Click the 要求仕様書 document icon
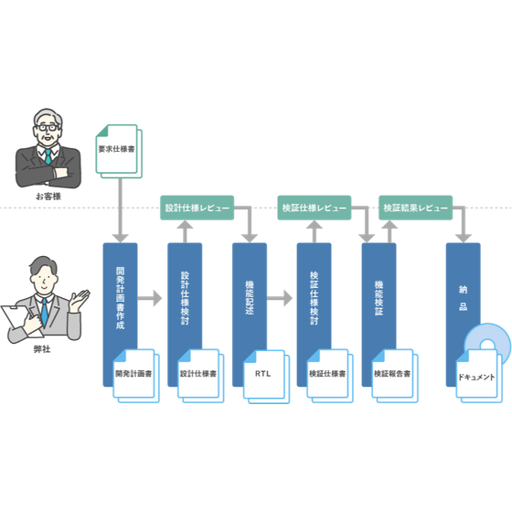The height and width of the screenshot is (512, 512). (x=119, y=151)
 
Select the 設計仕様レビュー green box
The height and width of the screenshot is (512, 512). (x=197, y=208)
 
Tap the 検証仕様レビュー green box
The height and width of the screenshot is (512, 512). (x=315, y=208)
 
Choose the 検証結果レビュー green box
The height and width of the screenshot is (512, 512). (x=415, y=208)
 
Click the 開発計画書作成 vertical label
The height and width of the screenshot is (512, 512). (x=120, y=298)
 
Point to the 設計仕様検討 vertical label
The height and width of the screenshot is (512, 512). (x=185, y=298)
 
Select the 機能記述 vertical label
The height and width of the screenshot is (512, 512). (x=250, y=298)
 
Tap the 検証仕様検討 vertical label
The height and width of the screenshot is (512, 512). (x=315, y=298)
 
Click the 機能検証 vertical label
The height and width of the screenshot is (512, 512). (x=379, y=298)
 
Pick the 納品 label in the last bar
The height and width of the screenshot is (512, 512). (x=463, y=298)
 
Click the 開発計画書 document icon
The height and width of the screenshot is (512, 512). (x=136, y=376)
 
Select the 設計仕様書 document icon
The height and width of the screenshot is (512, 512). (x=200, y=376)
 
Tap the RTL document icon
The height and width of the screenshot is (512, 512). (x=266, y=377)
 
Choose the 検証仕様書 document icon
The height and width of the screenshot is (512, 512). (x=330, y=376)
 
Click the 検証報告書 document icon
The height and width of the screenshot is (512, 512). (x=394, y=376)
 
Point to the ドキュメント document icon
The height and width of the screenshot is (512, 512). (x=479, y=376)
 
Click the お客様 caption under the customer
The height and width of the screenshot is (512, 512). (x=48, y=197)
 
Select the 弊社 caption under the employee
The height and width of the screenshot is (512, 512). (x=42, y=349)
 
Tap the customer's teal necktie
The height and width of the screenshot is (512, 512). (x=48, y=156)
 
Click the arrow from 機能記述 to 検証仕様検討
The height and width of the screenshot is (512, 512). (x=280, y=298)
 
